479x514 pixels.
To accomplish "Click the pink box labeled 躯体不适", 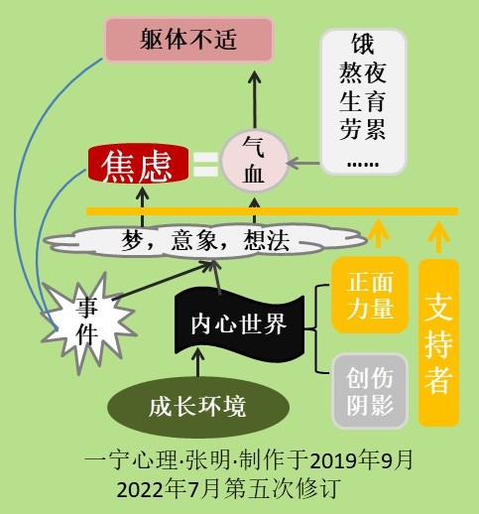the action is pos(188,40).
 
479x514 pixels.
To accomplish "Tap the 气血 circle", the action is pos(255,161).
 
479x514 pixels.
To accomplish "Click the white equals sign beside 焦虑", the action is pos(205,164).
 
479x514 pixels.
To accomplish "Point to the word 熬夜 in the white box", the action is pos(363,72).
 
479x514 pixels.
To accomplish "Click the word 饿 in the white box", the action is pos(363,44).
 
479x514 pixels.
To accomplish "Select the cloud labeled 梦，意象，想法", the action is pos(205,240).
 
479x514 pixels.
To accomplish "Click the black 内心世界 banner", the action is pos(239,324).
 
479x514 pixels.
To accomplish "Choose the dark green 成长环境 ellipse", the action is pos(198,407).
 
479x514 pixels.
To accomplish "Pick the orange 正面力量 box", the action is pos(370,295).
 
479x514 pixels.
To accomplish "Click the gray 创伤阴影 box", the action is pos(370,391).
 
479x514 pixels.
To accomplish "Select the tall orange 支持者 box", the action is pos(438,342).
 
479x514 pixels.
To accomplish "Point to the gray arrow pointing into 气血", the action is pos(303,163).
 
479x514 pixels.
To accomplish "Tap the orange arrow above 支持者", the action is pos(438,237).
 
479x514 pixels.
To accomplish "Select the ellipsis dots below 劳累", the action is pos(363,164).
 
